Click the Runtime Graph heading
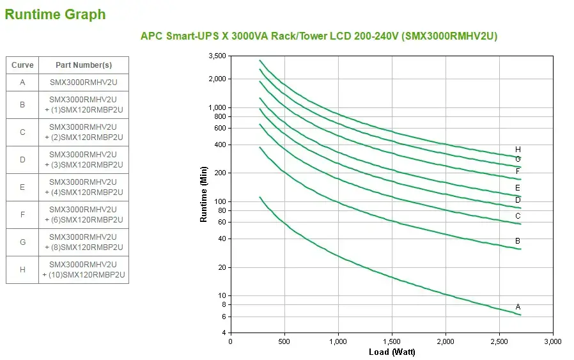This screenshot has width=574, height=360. pyautogui.click(x=56, y=14)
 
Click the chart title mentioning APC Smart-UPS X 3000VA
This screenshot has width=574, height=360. pyautogui.click(x=318, y=36)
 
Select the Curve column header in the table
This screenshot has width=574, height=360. pyautogui.click(x=22, y=65)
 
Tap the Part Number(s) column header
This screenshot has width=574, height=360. pyautogui.click(x=84, y=65)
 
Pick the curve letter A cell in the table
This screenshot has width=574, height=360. pyautogui.click(x=22, y=82)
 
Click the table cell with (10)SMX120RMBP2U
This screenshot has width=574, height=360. pyautogui.click(x=84, y=270)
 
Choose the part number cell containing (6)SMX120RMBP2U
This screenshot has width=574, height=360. pyautogui.click(x=84, y=215)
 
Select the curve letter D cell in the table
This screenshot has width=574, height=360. pyautogui.click(x=22, y=160)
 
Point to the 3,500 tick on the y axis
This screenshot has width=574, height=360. pyautogui.click(x=217, y=56)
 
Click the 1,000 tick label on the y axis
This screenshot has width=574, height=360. pyautogui.click(x=217, y=107)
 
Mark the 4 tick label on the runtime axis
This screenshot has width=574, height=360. pyautogui.click(x=223, y=333)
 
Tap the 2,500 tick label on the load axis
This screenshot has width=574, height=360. pyautogui.click(x=499, y=341)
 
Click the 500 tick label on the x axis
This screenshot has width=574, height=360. pyautogui.click(x=284, y=341)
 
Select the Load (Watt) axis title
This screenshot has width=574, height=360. pyautogui.click(x=392, y=352)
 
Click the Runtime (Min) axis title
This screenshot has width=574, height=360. pyautogui.click(x=204, y=194)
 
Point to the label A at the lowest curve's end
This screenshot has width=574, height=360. pyautogui.click(x=518, y=307)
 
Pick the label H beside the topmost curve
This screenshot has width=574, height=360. pyautogui.click(x=518, y=150)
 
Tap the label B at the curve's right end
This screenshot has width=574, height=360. pyautogui.click(x=518, y=241)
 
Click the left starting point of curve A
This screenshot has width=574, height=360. pyautogui.click(x=260, y=198)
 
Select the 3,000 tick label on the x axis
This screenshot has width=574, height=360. pyautogui.click(x=552, y=341)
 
